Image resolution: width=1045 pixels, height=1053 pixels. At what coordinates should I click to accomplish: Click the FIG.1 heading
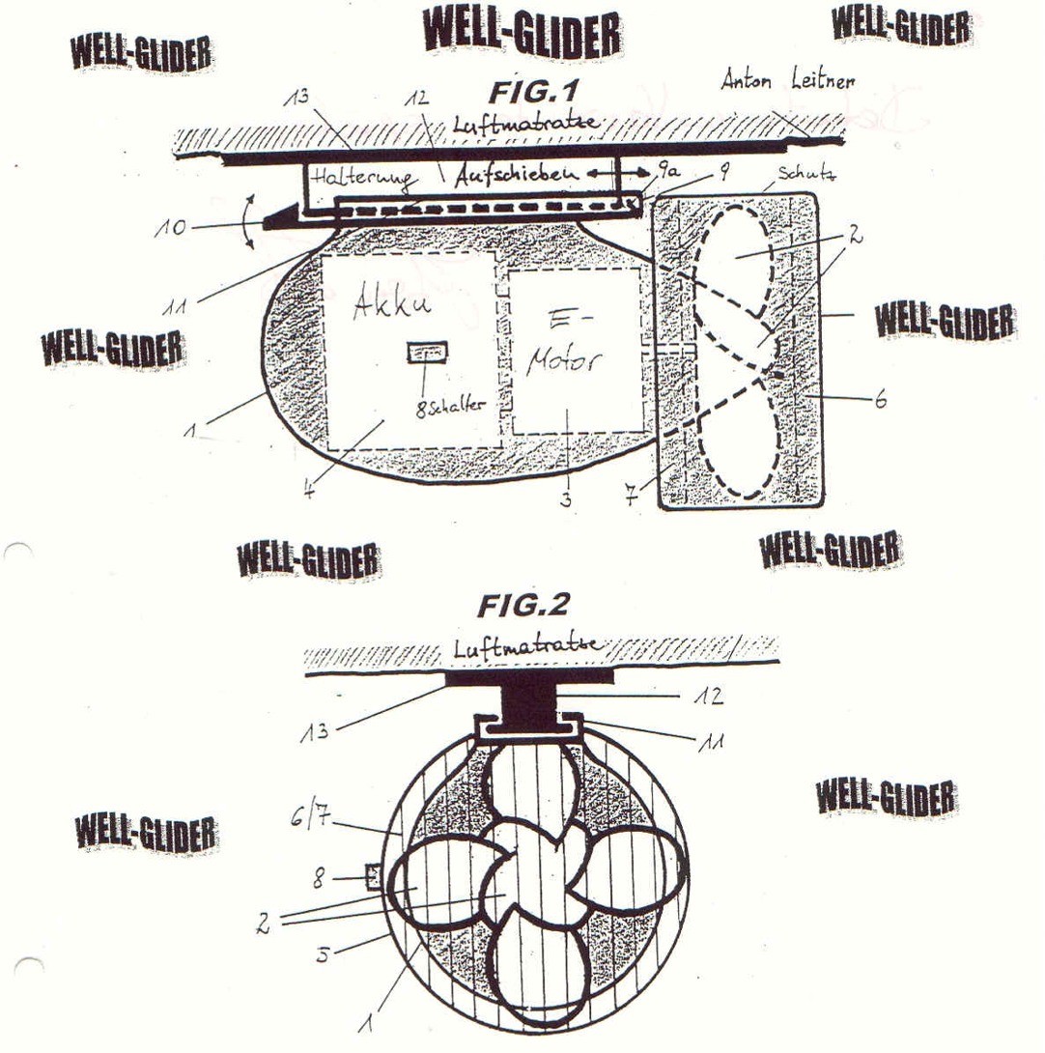point(533,94)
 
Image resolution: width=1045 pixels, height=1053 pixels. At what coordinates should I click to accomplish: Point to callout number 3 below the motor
point(567,499)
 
